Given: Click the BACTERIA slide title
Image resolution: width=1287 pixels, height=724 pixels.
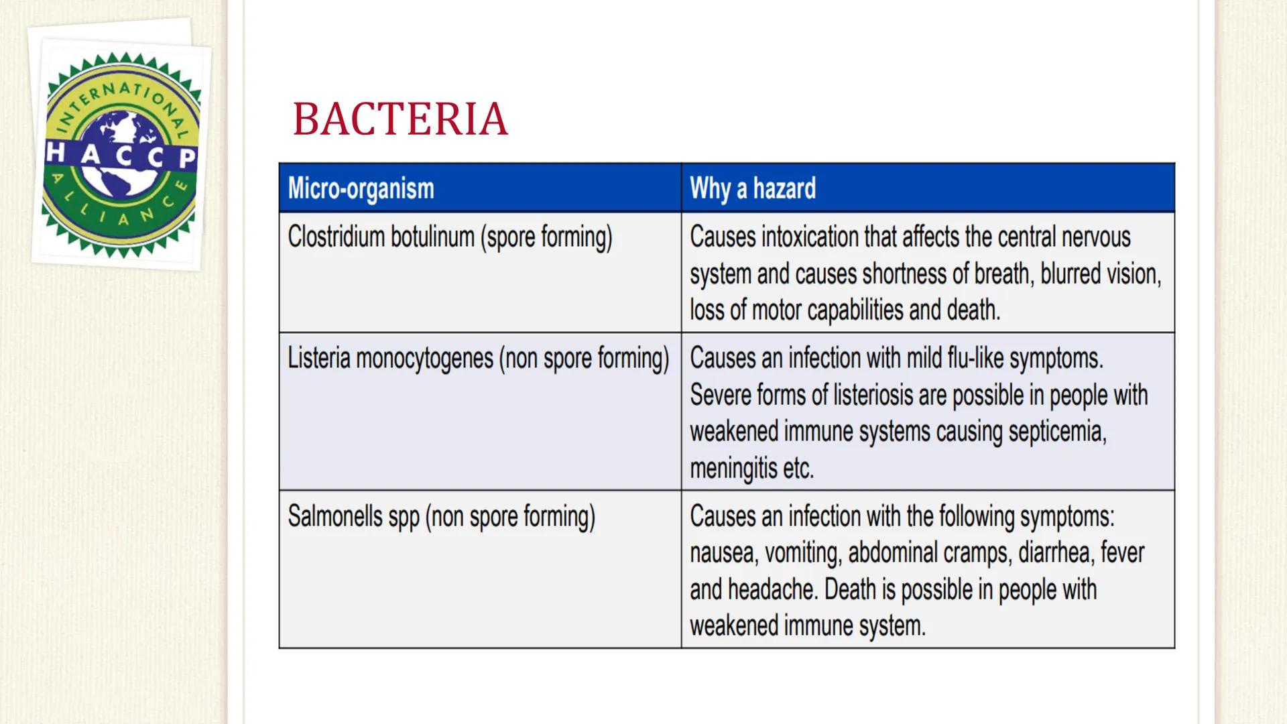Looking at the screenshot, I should [400, 120].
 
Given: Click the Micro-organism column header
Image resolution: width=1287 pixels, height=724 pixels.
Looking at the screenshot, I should [361, 188].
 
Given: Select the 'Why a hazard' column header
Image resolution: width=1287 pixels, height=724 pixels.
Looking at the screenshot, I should [753, 188].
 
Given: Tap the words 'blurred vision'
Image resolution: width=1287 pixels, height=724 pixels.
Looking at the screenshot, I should [1100, 274].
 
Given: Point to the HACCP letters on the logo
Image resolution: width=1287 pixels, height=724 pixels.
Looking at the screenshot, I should [121, 156].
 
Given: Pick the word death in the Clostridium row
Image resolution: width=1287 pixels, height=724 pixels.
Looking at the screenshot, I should [973, 310].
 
